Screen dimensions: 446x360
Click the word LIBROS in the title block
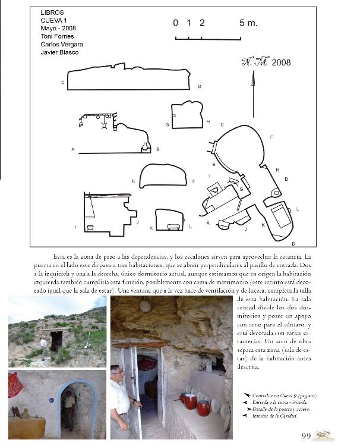coord(52,12)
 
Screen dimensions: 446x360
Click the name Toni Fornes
coord(56,36)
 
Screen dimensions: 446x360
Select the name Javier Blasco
coord(59,52)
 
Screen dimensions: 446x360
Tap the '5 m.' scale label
coord(248,23)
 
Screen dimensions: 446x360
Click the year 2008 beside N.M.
coord(281,62)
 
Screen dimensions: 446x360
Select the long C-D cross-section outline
coord(128,78)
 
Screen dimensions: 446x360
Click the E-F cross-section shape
coord(162,176)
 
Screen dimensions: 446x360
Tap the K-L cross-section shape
coord(169,219)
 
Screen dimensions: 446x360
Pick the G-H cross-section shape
coord(187,115)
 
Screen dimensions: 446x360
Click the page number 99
coord(307,436)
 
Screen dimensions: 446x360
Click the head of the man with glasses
coord(116,372)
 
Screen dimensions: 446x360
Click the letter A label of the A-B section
coord(73,149)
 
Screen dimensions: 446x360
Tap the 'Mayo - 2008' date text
coord(58,28)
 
